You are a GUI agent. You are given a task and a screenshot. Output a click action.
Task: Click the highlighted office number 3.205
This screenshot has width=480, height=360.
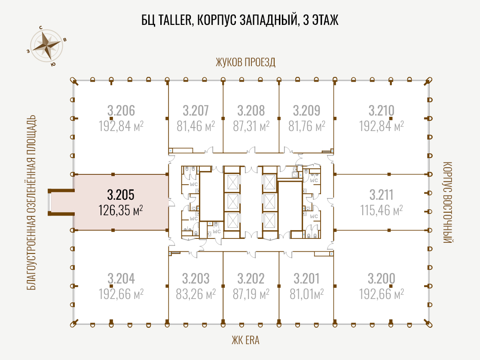(121, 195)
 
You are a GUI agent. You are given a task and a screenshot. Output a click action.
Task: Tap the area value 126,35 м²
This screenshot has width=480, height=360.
(121, 211)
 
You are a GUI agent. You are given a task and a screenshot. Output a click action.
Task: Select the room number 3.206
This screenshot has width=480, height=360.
(121, 110)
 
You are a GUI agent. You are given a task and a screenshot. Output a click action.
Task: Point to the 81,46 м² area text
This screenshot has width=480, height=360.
(196, 126)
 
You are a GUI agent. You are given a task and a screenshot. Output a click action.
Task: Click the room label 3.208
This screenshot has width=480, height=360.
(251, 110)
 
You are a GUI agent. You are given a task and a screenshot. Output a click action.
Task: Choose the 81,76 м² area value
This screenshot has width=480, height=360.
(307, 126)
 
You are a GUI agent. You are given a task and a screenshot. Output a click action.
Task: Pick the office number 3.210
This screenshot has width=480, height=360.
(382, 110)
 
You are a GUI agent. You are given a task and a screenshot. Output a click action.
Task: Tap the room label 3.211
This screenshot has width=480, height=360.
(382, 195)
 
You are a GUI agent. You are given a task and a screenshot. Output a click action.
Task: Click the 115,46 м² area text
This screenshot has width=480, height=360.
(382, 211)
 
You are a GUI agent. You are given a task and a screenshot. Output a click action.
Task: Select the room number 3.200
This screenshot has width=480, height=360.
(382, 278)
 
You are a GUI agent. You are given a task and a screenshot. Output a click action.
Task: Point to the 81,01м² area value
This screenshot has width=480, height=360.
(307, 294)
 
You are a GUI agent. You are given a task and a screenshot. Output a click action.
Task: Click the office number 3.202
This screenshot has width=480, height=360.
(251, 278)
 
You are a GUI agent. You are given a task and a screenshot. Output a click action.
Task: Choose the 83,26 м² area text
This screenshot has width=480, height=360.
(196, 294)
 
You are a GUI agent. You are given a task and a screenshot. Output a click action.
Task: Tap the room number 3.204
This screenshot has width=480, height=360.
(121, 278)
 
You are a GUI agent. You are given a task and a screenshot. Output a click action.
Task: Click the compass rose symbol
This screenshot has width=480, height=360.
(47, 46)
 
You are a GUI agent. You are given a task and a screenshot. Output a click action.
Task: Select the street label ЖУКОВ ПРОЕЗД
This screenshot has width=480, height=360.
(245, 62)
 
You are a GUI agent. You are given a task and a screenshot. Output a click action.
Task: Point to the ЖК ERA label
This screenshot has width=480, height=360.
(245, 340)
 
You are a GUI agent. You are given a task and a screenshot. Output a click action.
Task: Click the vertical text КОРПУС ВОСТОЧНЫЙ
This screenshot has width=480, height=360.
(448, 202)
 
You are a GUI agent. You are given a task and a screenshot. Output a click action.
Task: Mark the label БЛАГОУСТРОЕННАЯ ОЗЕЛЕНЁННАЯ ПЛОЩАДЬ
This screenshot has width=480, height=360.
(31, 202)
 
